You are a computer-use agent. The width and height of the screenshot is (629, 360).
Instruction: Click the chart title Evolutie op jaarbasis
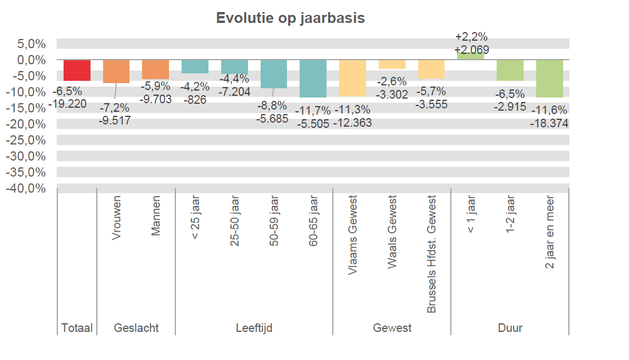[x=290, y=18]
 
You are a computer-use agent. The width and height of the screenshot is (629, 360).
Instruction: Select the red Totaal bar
[x=77, y=70]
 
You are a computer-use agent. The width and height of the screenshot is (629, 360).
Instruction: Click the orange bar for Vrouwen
[x=116, y=71]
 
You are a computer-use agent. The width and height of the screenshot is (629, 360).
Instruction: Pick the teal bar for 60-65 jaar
[x=313, y=78]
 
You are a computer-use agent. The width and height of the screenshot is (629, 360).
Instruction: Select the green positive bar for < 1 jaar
[x=470, y=56]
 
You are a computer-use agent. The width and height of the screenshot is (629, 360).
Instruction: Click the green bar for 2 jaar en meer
[x=549, y=78]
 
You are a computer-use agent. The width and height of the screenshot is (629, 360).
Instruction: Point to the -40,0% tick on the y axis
[x=26, y=189]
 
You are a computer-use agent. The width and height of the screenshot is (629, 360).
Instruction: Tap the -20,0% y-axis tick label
[x=26, y=124]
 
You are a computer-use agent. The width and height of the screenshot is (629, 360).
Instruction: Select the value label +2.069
[x=471, y=49]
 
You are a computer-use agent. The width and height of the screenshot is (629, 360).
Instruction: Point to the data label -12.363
[x=353, y=122]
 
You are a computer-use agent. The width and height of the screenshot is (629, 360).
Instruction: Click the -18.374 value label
[x=549, y=123]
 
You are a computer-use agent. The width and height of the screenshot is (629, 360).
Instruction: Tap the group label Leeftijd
[x=254, y=328]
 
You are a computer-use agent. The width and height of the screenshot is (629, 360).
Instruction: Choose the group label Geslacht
[x=136, y=328]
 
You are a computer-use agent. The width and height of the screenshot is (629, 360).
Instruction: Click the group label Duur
[x=510, y=328]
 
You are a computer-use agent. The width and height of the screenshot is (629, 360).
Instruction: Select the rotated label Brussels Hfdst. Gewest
[x=431, y=255]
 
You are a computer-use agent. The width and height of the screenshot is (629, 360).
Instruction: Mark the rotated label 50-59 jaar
[x=273, y=222]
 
